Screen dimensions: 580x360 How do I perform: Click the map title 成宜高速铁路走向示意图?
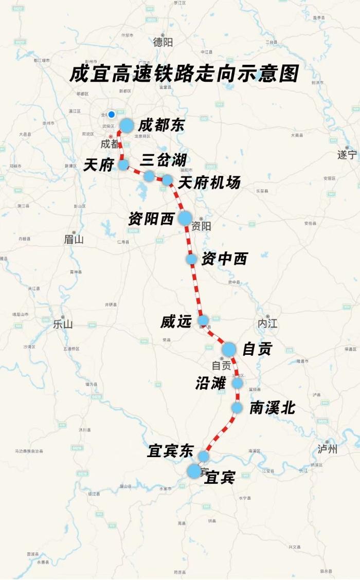[184, 74]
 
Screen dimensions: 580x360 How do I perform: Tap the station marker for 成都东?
[127, 125]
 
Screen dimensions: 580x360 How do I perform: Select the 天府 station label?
[98, 165]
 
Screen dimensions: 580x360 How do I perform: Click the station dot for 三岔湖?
[149, 176]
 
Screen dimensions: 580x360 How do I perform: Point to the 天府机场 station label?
[209, 182]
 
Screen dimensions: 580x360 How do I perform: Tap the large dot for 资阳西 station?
[185, 218]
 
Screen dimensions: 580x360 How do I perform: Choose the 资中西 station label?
[224, 259]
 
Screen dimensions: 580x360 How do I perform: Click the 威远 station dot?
[203, 320]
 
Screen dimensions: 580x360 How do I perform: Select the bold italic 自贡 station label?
[257, 349]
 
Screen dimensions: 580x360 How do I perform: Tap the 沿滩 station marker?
[237, 383]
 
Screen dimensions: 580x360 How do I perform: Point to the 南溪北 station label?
[273, 408]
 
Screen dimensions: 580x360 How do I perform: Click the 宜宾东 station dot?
[204, 456]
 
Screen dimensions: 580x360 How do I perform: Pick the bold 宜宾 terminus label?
[220, 478]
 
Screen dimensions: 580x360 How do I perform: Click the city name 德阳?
[163, 42]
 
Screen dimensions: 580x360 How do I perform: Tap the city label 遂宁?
[347, 155]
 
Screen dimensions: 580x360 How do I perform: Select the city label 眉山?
[74, 239]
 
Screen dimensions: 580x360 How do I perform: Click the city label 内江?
[267, 323]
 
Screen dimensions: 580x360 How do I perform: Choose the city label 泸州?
[328, 449]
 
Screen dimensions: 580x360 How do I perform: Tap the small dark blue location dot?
[111, 115]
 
